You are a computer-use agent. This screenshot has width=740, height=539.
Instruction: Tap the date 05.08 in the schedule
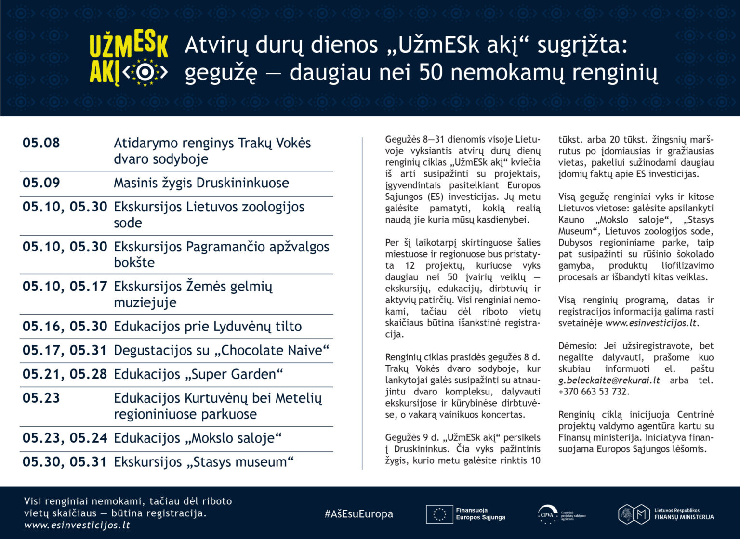click(41, 143)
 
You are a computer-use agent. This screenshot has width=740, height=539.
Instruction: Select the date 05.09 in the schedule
click(41, 183)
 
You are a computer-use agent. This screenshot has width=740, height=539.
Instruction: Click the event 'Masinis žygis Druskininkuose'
click(201, 183)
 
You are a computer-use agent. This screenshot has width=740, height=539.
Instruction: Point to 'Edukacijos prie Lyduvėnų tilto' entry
click(208, 327)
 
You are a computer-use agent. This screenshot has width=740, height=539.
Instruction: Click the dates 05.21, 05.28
click(65, 374)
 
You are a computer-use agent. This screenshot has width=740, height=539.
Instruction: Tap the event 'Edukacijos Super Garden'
click(198, 374)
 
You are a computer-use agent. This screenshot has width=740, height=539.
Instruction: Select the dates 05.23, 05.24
click(65, 438)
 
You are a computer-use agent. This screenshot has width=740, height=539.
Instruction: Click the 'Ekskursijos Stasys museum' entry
click(203, 462)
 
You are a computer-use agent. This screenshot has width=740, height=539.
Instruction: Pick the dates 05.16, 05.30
click(65, 327)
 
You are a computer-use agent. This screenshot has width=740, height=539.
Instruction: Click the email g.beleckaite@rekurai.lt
click(609, 381)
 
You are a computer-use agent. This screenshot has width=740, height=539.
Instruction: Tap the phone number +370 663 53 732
click(594, 392)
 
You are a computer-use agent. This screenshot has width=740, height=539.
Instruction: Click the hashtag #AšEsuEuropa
click(359, 514)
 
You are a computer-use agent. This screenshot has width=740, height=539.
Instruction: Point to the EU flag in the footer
click(439, 514)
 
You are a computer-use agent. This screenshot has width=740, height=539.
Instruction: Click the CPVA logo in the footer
click(547, 514)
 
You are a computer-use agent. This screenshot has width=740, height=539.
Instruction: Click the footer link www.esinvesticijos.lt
click(77, 526)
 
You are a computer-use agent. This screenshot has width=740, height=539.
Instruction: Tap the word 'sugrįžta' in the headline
click(582, 45)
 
